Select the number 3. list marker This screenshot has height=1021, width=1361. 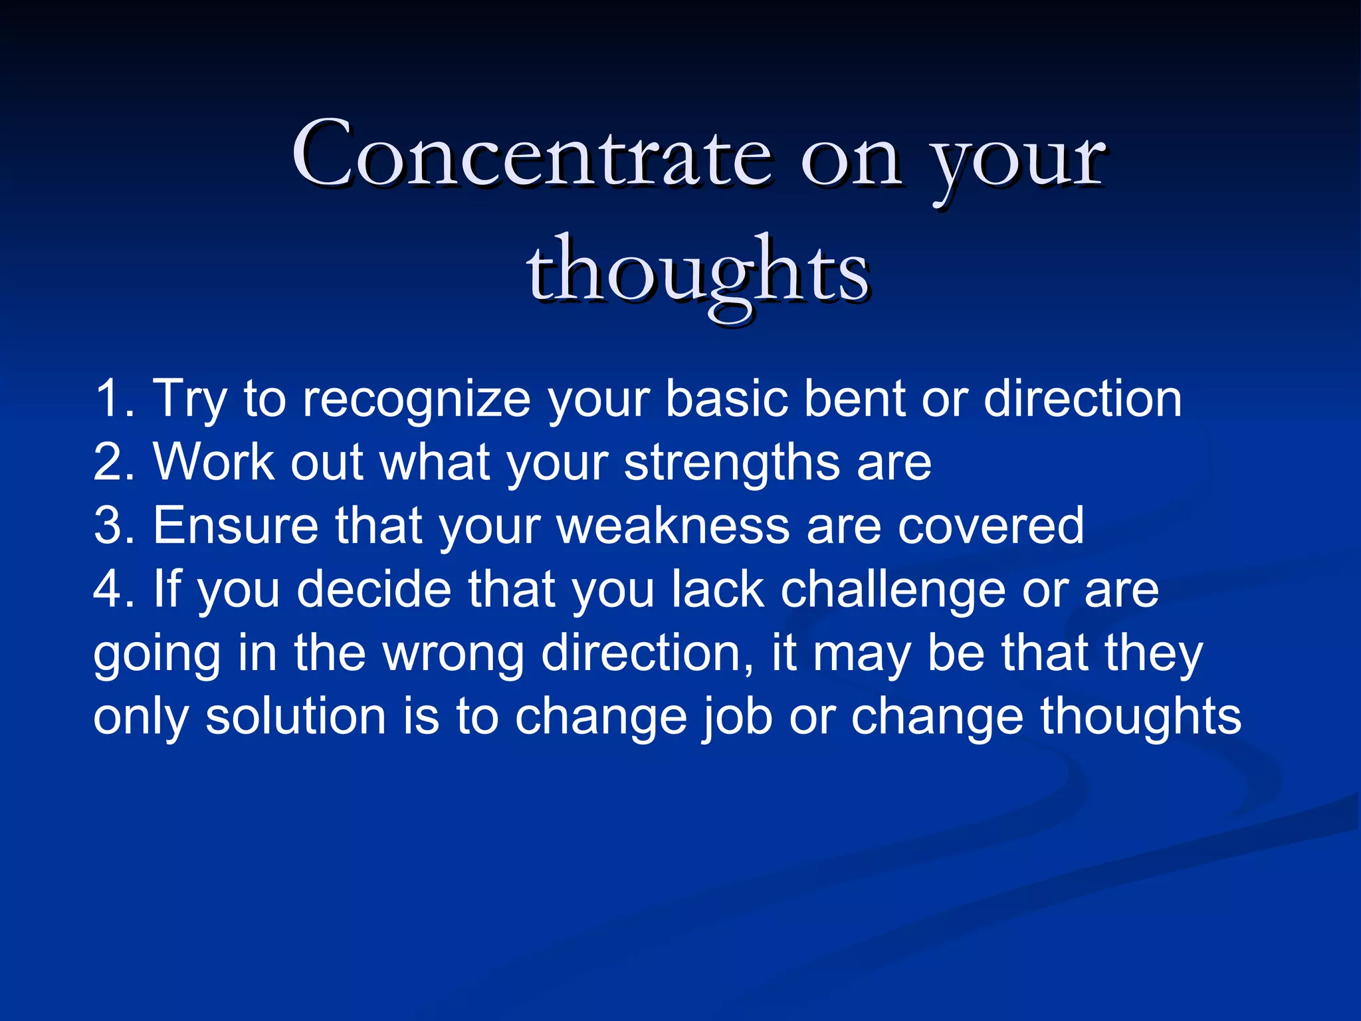point(114,526)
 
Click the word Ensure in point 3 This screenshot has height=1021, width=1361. point(236,526)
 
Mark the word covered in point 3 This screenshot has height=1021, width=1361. point(991,526)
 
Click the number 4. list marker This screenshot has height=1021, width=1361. point(114,589)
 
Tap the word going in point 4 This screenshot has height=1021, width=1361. point(157,653)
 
